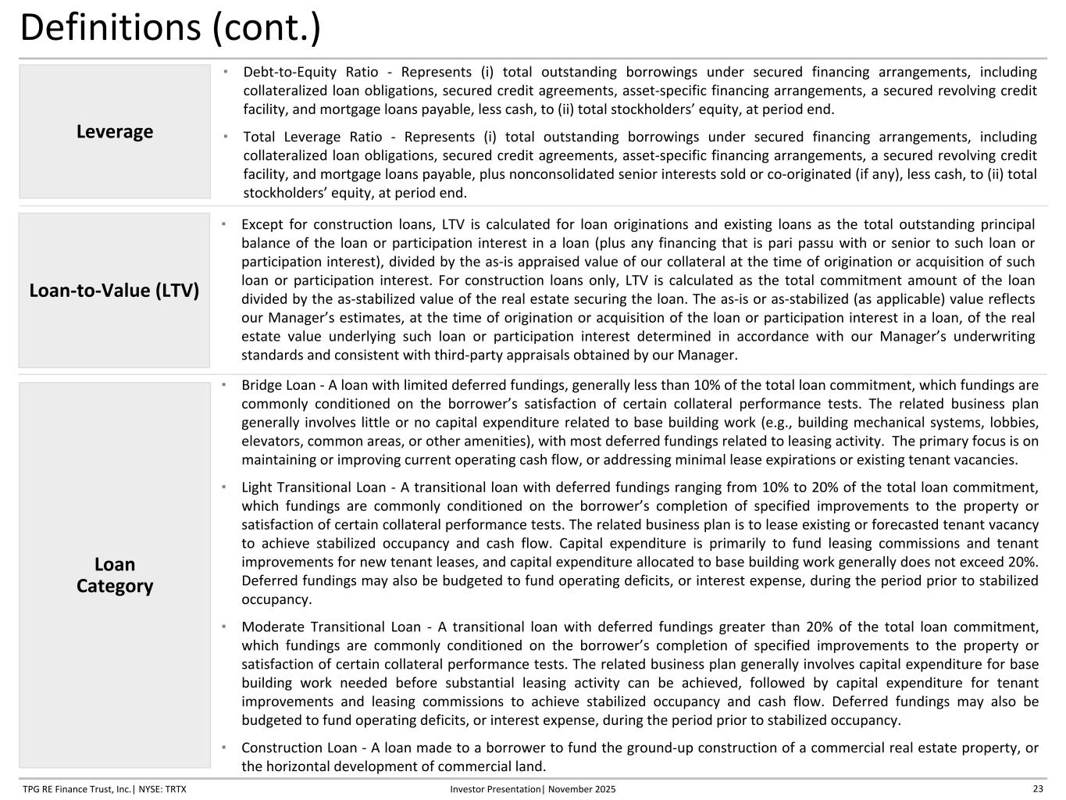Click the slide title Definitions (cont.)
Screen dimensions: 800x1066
[169, 28]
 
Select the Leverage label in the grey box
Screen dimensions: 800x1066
[115, 131]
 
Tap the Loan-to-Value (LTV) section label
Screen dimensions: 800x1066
[114, 291]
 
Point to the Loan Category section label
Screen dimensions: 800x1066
[115, 575]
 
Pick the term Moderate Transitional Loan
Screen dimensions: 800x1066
[331, 627]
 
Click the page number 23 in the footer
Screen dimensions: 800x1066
[1038, 789]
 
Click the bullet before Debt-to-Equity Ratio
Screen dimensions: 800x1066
[225, 71]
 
